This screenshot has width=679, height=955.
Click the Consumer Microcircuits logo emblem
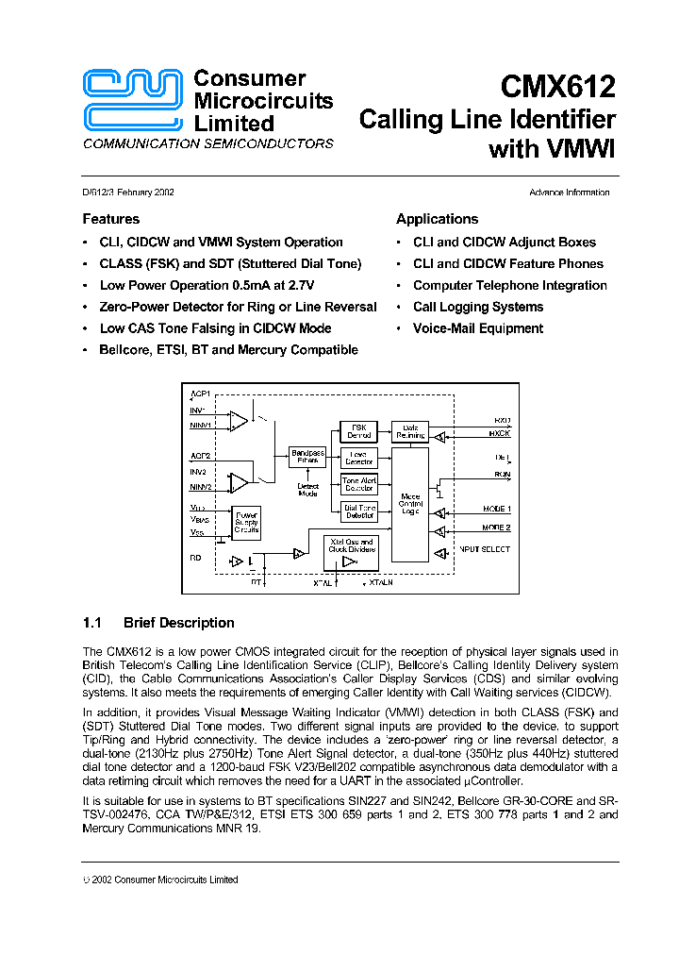(132, 100)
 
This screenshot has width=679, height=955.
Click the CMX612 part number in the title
(558, 87)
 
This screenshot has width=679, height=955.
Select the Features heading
(110, 219)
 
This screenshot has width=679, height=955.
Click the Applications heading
(437, 219)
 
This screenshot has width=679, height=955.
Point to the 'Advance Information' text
(569, 193)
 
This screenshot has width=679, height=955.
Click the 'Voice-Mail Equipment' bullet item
(478, 328)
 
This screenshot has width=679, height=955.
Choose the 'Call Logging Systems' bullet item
(478, 307)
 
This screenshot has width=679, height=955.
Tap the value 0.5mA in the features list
(253, 285)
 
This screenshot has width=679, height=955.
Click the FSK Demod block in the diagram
(359, 432)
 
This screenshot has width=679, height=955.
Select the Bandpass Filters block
(307, 457)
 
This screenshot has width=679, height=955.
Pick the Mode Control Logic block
(410, 504)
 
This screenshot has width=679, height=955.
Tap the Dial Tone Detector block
(359, 511)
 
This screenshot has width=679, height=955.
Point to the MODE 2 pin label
(496, 528)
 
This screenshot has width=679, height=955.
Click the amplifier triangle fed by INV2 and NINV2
(240, 482)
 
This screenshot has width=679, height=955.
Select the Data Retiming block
(410, 432)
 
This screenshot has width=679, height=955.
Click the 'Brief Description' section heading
(178, 623)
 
